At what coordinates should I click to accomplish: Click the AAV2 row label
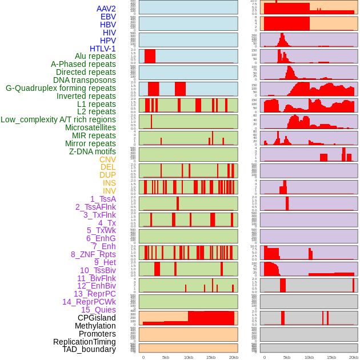pos(106,9)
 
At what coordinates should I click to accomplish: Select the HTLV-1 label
pos(102,49)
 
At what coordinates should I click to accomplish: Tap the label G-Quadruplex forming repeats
pos(61,88)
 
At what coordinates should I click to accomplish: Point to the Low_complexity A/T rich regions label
pos(58,119)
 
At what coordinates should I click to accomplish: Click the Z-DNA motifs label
pos(92,151)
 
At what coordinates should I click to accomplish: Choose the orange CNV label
pos(107,159)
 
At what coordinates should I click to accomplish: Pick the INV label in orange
pos(109,191)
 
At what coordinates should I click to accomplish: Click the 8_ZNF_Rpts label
pos(93,254)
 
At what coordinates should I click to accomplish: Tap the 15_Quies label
pos(98,310)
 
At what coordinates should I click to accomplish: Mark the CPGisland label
pos(97,318)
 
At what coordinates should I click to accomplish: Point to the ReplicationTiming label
pos(84,342)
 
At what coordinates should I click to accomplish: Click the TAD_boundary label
pos(89,349)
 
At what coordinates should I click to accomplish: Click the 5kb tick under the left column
pos(166,357)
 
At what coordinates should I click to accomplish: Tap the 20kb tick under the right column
pos(354,357)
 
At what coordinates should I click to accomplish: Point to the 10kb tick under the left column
pos(188,357)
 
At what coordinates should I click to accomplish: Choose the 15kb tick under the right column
pos(331,357)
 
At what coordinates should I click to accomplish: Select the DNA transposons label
pos(85,80)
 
